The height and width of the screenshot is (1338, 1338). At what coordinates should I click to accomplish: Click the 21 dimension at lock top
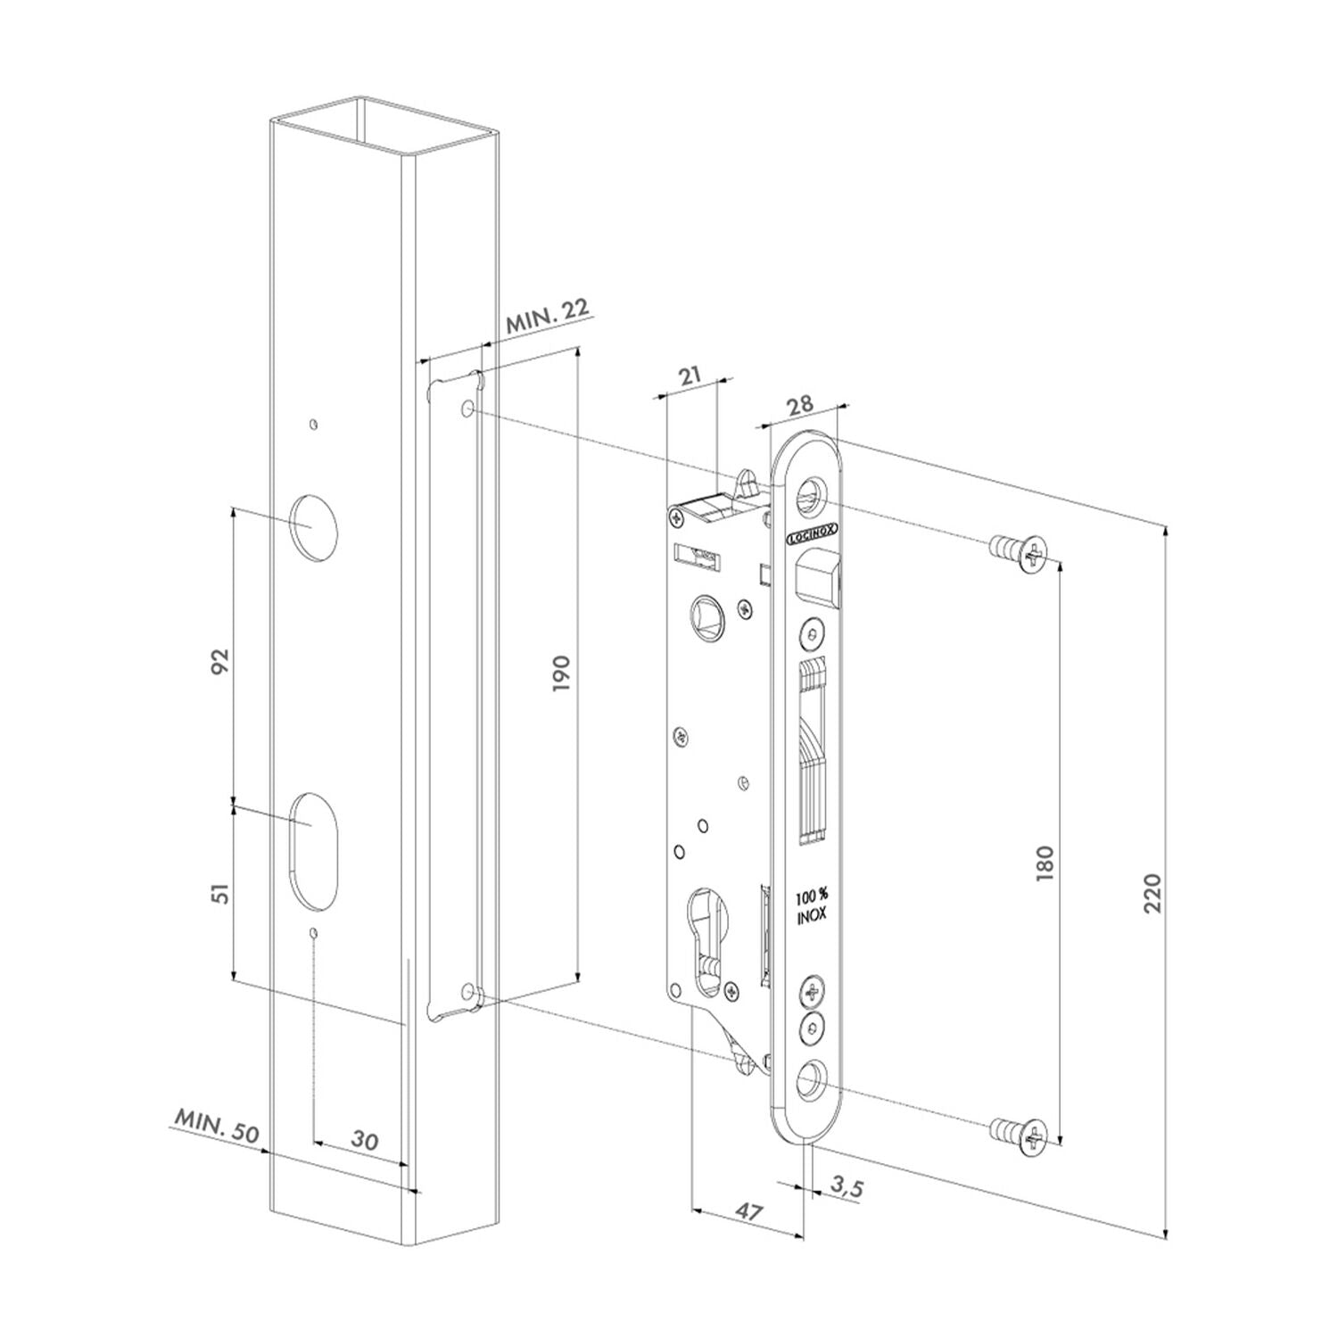[690, 376]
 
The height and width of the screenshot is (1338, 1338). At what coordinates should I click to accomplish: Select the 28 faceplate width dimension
[800, 404]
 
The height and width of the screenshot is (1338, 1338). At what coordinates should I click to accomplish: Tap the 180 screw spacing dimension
[1045, 863]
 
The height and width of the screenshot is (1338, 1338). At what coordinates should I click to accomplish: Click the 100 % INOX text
[811, 906]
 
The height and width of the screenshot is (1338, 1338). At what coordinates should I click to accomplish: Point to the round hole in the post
[313, 526]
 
